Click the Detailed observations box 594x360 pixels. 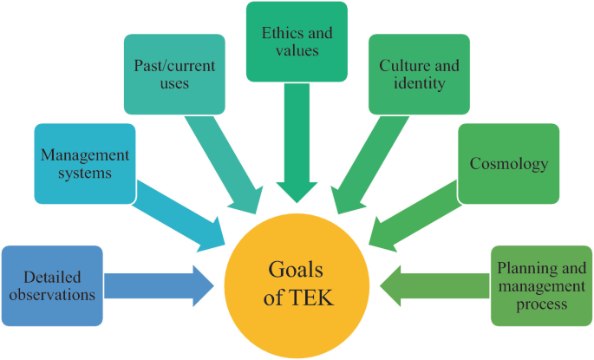52,286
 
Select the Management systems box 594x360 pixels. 85,163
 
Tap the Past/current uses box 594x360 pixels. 174,75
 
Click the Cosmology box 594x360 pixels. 508,163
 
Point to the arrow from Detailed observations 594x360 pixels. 160,285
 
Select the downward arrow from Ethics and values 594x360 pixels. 297,147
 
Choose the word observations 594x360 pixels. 53,295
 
